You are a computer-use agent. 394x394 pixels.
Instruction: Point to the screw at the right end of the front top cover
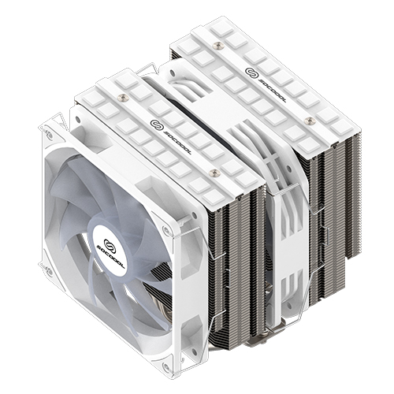click(213, 171)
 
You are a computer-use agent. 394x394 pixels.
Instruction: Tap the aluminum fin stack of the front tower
click(236, 260)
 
